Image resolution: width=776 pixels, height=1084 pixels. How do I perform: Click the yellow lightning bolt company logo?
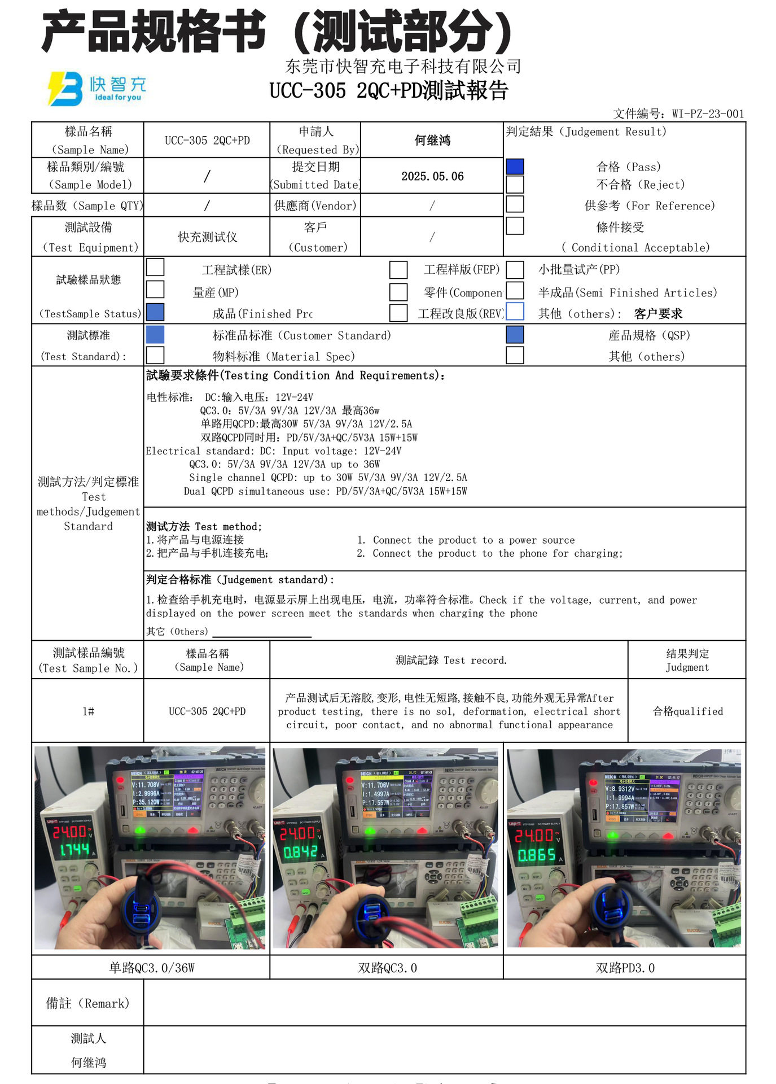(64, 89)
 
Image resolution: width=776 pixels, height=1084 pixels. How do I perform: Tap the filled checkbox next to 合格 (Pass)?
(515, 167)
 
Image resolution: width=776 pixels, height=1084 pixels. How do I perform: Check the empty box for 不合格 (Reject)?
(515, 185)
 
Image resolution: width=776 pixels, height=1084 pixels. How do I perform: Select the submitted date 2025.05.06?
(432, 177)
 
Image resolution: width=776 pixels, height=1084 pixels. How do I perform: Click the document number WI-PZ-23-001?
(708, 114)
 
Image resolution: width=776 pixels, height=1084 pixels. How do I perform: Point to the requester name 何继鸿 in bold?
(432, 141)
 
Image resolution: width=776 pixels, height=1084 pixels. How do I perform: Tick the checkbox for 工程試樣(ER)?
(155, 268)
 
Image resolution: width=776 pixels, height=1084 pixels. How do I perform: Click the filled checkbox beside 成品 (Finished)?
(155, 313)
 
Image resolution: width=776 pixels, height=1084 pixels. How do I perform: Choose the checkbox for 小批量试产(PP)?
(515, 270)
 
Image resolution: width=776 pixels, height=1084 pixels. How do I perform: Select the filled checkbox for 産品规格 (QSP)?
(515, 335)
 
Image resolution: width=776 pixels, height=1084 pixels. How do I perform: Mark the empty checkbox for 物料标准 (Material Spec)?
(155, 356)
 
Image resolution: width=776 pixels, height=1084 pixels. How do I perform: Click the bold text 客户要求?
(658, 314)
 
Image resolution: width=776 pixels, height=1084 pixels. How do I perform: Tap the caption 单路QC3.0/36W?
(151, 968)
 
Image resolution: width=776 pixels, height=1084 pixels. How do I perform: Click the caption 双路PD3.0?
(625, 968)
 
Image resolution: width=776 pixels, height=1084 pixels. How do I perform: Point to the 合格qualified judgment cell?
(687, 711)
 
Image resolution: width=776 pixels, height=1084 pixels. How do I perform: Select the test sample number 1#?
(88, 711)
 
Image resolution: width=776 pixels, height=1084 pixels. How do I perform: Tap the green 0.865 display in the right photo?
(537, 856)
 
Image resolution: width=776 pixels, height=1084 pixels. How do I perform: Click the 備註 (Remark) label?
(87, 1003)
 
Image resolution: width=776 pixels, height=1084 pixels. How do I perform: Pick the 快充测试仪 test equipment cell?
(207, 237)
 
